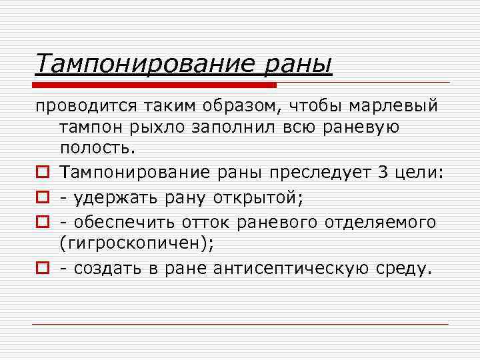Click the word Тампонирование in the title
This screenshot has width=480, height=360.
click(x=139, y=64)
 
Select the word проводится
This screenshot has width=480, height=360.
click(x=86, y=107)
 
